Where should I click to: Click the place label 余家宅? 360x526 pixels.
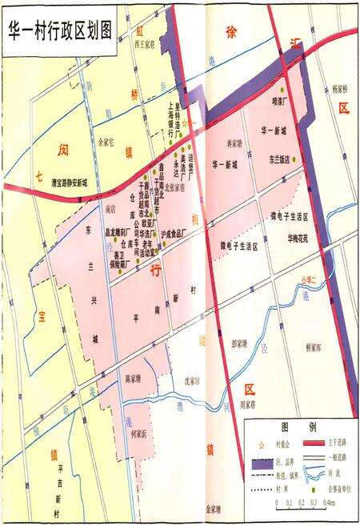coord(106,143)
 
